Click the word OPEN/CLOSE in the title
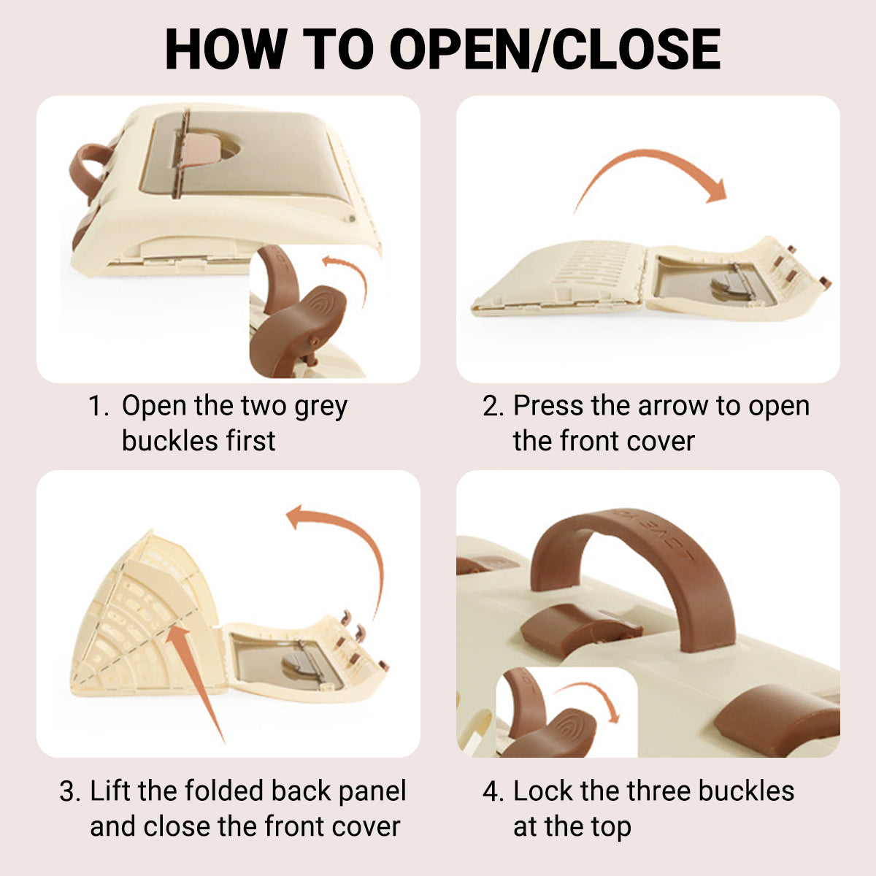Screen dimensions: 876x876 555,49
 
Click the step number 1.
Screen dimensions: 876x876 98,405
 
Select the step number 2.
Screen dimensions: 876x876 493,405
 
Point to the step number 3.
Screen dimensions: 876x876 70,791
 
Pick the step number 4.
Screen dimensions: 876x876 493,791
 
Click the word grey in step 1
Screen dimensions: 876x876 321,408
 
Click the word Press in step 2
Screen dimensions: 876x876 548,405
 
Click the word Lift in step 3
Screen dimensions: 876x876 111,791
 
